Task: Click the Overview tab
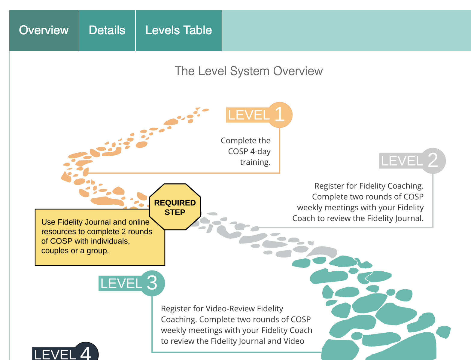(x=44, y=30)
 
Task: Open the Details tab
(x=107, y=30)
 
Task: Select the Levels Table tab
(x=179, y=30)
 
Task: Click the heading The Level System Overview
(x=249, y=71)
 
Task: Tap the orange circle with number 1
(x=280, y=115)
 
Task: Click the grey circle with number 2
(x=433, y=160)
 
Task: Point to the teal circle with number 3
(x=152, y=283)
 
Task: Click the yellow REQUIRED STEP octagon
(x=175, y=207)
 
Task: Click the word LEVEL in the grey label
(x=402, y=161)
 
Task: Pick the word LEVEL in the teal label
(x=121, y=284)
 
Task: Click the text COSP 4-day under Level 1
(x=249, y=151)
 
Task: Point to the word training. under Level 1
(x=255, y=162)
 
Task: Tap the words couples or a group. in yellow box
(x=75, y=251)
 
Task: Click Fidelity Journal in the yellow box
(x=77, y=222)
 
